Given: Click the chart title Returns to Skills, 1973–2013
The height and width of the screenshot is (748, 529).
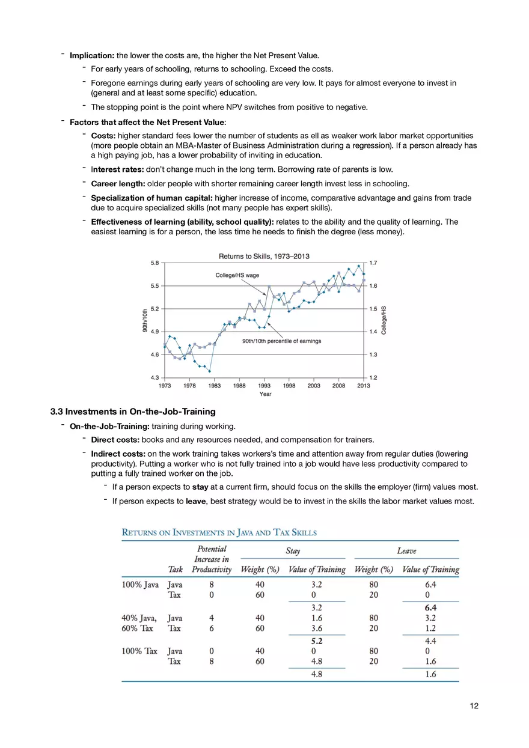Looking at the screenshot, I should tap(264, 257).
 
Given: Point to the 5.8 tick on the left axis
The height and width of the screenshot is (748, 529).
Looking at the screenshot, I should tap(154, 263).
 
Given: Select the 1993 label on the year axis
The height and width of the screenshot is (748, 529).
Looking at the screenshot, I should tap(264, 386).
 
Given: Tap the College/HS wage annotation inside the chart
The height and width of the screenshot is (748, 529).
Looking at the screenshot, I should tap(237, 275).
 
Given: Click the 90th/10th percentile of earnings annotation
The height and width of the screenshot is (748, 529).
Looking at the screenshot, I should tap(281, 341).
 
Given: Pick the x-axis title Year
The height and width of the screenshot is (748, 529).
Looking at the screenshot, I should tap(265, 394).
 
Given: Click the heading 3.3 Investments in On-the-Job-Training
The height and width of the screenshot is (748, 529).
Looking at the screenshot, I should tap(133, 412).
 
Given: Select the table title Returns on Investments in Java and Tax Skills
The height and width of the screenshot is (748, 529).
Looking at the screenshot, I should tap(219, 532).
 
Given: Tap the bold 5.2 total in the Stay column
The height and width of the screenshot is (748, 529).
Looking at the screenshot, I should tap(317, 641).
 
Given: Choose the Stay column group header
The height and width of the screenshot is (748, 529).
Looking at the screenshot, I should tap(293, 551).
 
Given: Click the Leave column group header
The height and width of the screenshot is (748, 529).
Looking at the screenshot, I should tap(406, 551).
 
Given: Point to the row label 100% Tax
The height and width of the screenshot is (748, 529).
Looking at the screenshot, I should tap(139, 651).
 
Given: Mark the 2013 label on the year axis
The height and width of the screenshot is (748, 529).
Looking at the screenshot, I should tap(363, 386).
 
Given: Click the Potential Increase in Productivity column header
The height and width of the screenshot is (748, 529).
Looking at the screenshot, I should tap(212, 559).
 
